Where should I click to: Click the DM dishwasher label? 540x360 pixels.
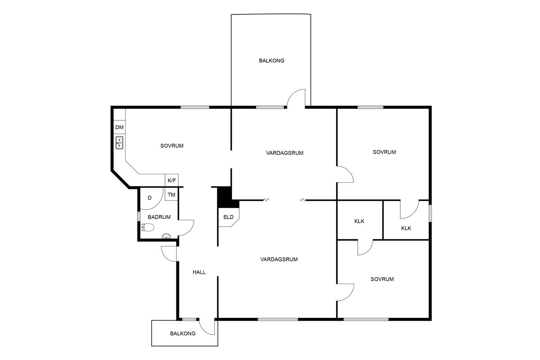pyautogui.click(x=119, y=127)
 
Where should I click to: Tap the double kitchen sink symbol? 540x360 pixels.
pyautogui.click(x=119, y=143)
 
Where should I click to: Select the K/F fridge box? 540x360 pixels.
pyautogui.click(x=172, y=180)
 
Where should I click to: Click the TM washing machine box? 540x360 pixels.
pyautogui.click(x=171, y=194)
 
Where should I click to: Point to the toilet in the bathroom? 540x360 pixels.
pyautogui.click(x=147, y=227)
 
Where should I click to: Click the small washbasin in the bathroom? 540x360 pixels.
pyautogui.click(x=166, y=236)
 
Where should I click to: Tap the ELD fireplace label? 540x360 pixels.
pyautogui.click(x=228, y=217)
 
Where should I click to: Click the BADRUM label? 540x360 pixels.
pyautogui.click(x=159, y=217)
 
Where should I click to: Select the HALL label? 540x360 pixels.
pyautogui.click(x=199, y=272)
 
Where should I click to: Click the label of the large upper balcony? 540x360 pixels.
pyautogui.click(x=271, y=61)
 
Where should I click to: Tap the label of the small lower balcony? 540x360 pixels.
pyautogui.click(x=183, y=333)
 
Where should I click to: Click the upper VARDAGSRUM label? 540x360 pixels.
pyautogui.click(x=285, y=153)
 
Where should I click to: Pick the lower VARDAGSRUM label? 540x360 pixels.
pyautogui.click(x=279, y=259)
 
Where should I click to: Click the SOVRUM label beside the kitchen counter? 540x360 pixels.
pyautogui.click(x=172, y=146)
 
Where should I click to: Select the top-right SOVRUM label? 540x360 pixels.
pyautogui.click(x=384, y=152)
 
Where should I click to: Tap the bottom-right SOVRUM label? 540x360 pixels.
pyautogui.click(x=382, y=279)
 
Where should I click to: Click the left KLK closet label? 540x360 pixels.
pyautogui.click(x=359, y=221)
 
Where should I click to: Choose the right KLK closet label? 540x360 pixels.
pyautogui.click(x=406, y=228)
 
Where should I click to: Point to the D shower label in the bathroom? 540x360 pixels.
pyautogui.click(x=149, y=198)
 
